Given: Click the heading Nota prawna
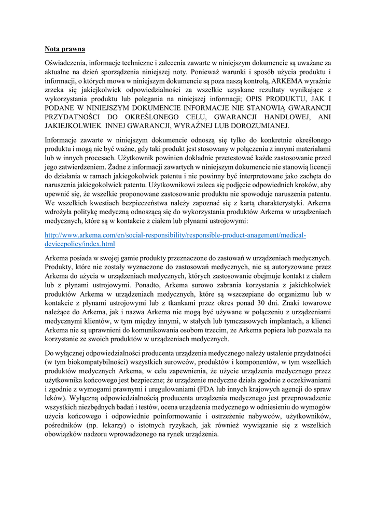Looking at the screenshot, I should [x=65, y=50].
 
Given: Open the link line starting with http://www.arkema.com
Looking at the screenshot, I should [x=175, y=235].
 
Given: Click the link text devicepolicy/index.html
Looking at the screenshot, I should [x=80, y=244].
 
